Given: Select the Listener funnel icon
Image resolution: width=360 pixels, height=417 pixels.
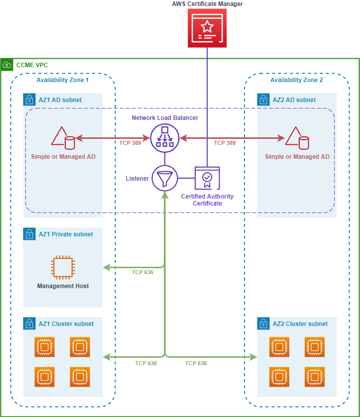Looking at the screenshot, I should pos(164,178).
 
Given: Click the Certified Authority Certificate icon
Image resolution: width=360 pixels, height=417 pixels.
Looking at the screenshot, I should pos(207,178).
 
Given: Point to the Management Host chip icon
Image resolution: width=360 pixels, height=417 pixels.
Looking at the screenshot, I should pos(63,267).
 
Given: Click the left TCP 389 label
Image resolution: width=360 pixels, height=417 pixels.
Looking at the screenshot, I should pos(130,143).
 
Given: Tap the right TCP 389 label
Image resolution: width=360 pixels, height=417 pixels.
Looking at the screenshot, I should pos(225,143).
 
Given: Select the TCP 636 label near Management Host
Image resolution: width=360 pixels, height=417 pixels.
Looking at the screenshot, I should pos(142,272).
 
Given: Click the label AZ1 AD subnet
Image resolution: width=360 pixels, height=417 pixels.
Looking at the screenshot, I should pos(60,100).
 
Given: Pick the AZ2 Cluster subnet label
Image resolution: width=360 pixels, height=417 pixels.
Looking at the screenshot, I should pos(300,324).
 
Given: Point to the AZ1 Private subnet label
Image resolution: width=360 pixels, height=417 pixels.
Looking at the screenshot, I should pos(66,234).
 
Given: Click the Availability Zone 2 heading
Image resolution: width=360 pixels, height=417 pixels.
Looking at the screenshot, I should pos(296,80).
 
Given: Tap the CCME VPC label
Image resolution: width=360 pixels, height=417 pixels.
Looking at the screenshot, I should pos(32,65).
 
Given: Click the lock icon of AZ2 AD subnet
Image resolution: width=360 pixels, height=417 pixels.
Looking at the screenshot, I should pos(263,99).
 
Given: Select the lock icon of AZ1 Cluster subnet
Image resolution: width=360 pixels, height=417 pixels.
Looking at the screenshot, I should pos(29,323).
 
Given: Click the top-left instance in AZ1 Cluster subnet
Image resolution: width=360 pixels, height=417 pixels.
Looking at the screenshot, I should pos(45,347).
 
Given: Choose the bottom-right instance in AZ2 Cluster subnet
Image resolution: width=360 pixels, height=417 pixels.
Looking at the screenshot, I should pos(315,377).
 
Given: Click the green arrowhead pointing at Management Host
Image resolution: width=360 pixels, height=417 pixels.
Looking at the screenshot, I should pos(106,268).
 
